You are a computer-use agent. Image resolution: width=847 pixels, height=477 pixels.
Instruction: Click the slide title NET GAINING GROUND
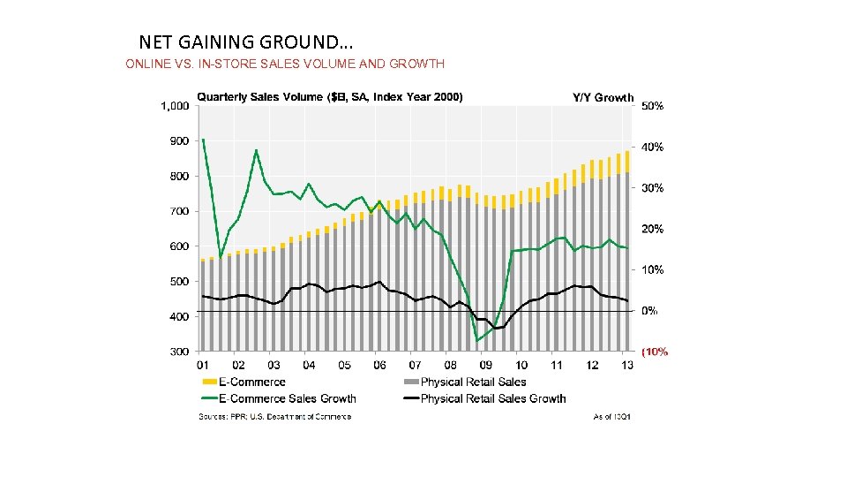coord(246,42)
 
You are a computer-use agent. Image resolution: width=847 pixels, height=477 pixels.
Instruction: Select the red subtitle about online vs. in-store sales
coord(285,64)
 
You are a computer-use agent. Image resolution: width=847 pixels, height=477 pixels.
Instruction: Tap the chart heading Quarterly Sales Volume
coord(329,97)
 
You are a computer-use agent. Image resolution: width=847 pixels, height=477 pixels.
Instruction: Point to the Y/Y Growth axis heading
coord(603,97)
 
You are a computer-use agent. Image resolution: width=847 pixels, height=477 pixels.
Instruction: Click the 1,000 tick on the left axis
coord(175,106)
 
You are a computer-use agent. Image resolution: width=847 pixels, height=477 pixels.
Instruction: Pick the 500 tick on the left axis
coord(179,282)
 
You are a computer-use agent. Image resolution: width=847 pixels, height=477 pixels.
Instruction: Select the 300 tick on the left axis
coord(179,352)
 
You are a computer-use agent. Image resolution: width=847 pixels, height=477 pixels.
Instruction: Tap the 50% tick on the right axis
coord(652,106)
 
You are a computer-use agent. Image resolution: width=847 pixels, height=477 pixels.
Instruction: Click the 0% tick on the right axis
coord(649,311)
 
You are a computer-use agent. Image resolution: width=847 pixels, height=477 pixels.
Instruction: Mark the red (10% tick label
coord(655,352)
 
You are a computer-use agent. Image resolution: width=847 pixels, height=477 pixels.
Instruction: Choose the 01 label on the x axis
coord(202,365)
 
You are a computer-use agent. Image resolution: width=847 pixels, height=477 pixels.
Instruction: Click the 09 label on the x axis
coord(485,365)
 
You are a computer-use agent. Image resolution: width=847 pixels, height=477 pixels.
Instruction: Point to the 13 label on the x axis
coord(627,365)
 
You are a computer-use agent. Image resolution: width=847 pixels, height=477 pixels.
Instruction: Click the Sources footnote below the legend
coord(274,417)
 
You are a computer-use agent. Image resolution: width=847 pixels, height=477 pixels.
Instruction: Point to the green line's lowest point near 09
coord(477,341)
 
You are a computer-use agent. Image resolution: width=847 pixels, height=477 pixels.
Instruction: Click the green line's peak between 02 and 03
coord(256,150)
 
